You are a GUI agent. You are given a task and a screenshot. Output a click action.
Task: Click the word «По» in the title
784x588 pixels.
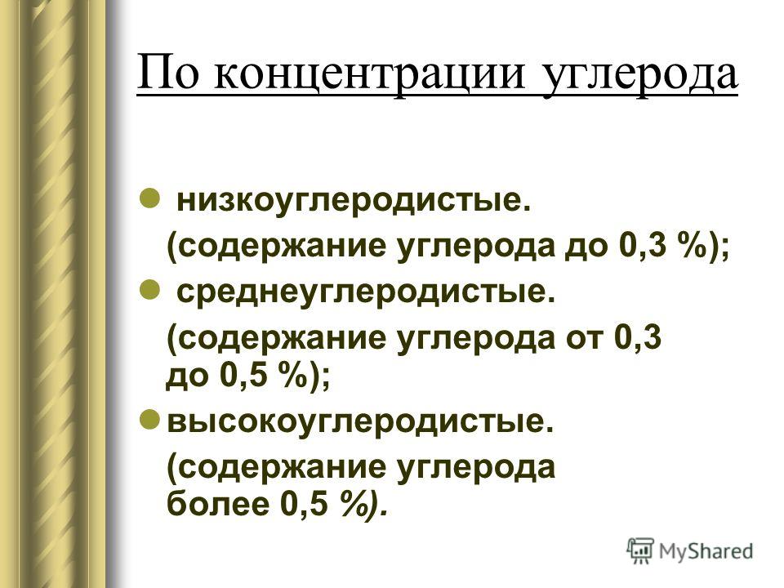tap(166, 74)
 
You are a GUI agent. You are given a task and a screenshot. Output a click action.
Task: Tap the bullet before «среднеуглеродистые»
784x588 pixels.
tap(149, 289)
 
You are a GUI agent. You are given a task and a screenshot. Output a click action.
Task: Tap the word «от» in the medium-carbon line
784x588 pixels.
tap(584, 340)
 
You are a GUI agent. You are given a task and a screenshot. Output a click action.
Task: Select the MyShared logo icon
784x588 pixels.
tap(640, 551)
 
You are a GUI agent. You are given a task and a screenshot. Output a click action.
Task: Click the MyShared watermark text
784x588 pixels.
tap(706, 551)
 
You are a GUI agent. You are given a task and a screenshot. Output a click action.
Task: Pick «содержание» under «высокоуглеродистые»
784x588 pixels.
tap(277, 468)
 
